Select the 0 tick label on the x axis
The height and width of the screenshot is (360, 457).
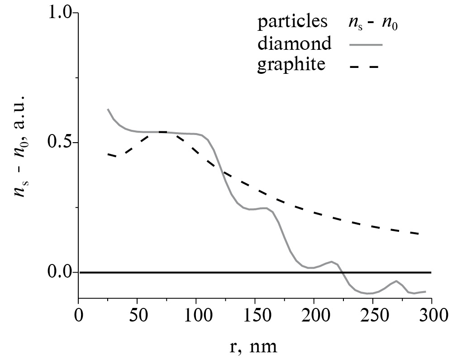[x=79, y=314]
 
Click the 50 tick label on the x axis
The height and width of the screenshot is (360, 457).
[x=137, y=314]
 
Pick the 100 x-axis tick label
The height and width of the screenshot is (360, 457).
[x=196, y=314]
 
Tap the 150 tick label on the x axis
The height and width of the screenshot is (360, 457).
[x=255, y=314]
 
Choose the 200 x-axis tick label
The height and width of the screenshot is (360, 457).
[x=314, y=314]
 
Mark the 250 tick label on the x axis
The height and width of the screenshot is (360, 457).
[x=372, y=314]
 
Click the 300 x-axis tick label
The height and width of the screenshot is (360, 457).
[x=431, y=314]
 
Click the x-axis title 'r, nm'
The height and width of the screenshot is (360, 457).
[x=253, y=346]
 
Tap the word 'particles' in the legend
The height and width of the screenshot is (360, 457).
[x=292, y=22]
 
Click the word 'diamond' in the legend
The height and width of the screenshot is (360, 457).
[x=294, y=43]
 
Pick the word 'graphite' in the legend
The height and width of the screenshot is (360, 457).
[x=291, y=65]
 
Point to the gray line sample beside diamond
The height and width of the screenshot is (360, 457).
[x=366, y=45]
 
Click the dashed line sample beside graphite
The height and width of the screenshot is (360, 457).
[x=364, y=67]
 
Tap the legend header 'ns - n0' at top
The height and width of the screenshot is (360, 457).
[x=376, y=22]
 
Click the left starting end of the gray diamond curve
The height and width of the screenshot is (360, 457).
[x=108, y=109]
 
